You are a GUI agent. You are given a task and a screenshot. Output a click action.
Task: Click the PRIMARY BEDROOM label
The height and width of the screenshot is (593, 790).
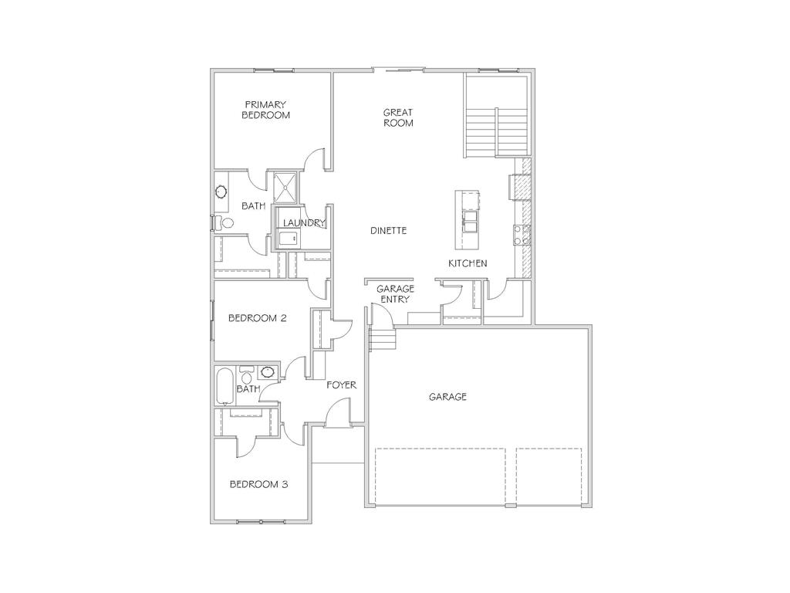[x=265, y=110]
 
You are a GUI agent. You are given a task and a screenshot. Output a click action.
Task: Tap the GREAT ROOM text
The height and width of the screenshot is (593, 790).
[x=398, y=117]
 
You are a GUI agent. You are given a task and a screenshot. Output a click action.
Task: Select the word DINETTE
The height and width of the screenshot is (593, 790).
[x=388, y=230]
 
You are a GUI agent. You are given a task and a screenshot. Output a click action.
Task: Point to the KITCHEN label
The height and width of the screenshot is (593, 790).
[x=468, y=263]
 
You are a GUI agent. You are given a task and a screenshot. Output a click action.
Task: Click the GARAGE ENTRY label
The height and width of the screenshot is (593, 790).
[x=395, y=294]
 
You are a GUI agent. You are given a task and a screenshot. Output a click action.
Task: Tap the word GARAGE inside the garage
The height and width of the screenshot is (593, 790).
[x=447, y=397]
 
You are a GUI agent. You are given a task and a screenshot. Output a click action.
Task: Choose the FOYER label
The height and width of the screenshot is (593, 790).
[x=341, y=385]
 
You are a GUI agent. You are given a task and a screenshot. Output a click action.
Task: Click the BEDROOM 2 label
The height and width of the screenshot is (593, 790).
[x=258, y=317]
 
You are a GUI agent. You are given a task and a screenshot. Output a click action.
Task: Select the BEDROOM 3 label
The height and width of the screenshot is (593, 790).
[x=258, y=484]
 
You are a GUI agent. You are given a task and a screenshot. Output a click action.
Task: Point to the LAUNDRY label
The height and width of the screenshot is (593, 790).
[x=303, y=223]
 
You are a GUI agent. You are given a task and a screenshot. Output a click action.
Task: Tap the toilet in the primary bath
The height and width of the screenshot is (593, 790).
[x=226, y=224]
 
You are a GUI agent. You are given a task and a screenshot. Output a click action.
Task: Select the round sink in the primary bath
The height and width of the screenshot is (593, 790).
[x=221, y=191]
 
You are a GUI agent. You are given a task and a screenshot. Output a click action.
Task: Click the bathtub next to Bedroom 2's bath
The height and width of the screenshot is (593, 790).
[x=225, y=386]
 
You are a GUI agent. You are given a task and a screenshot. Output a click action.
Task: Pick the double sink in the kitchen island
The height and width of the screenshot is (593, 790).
[x=468, y=221]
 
